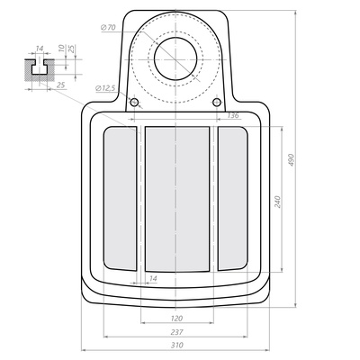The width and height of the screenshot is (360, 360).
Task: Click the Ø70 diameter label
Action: pyautogui.click(x=110, y=29)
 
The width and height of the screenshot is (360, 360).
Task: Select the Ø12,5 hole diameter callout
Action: pyautogui.click(x=105, y=87)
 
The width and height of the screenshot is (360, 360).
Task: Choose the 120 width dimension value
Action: pyautogui.click(x=177, y=319)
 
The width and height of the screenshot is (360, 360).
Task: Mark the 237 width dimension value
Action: pyautogui.click(x=177, y=332)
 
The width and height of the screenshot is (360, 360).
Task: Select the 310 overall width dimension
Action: pyautogui.click(x=177, y=345)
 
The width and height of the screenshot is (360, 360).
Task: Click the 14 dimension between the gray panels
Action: pyautogui.click(x=153, y=279)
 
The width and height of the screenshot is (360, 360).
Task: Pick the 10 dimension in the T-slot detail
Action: pyautogui.click(x=60, y=48)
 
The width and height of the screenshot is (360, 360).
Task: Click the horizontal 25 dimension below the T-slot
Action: pyautogui.click(x=60, y=86)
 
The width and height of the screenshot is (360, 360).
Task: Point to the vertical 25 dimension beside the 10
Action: pyautogui.click(x=71, y=48)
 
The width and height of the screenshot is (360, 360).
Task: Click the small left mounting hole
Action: pyautogui.click(x=134, y=103)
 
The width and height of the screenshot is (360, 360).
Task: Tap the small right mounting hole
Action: pyautogui.click(x=217, y=103)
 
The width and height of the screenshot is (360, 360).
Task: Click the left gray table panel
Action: pyautogui.click(x=120, y=198)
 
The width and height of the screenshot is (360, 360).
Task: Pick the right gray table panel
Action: pyautogui.click(x=233, y=198)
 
